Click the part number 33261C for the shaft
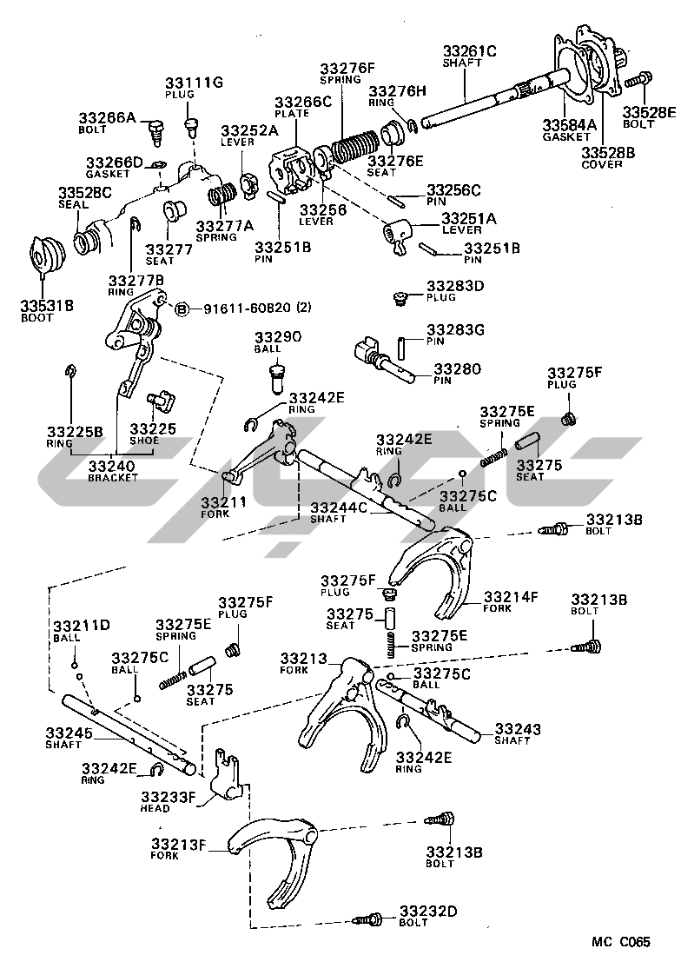pyautogui.click(x=470, y=51)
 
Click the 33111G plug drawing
pyautogui.click(x=192, y=131)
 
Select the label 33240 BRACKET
pyautogui.click(x=113, y=471)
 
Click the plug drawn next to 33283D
pyautogui.click(x=401, y=299)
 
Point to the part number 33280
pyautogui.click(x=457, y=368)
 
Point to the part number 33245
pyautogui.click(x=71, y=733)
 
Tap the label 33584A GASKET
pyautogui.click(x=570, y=129)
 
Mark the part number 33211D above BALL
pyautogui.click(x=82, y=626)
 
